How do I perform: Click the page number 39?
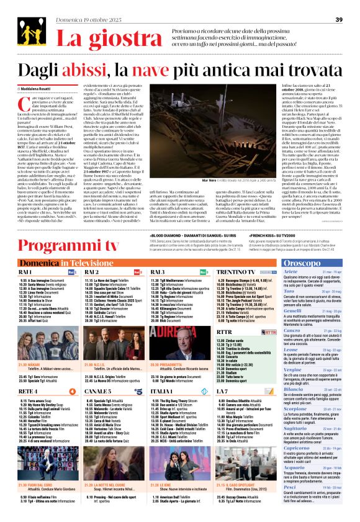pyautogui.click(x=339, y=20)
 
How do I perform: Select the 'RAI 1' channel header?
pyautogui.click(x=28, y=254)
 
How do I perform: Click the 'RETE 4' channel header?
pyautogui.click(x=28, y=374)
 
